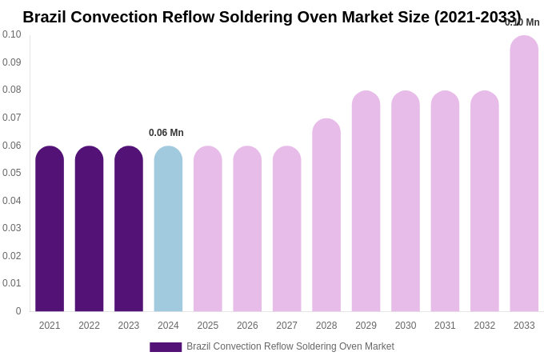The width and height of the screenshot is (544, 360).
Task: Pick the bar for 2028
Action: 326,215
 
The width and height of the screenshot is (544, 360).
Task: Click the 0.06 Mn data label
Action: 166,133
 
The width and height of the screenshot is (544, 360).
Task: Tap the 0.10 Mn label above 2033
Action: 522,22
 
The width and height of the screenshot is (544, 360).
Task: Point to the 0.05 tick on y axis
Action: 12,173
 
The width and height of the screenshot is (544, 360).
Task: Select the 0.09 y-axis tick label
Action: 12,62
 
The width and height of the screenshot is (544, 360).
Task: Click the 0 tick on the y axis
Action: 18,311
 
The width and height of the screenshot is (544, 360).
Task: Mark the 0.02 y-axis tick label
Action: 12,256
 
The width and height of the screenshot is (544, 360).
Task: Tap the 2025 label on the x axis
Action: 208,326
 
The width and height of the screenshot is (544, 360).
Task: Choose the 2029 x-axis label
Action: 366,326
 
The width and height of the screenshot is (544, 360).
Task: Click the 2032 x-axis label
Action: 485,326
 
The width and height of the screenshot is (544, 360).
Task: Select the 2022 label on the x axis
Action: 89,326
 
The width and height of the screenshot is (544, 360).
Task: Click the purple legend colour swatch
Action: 166,347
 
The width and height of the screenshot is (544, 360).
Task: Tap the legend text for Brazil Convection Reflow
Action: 290,346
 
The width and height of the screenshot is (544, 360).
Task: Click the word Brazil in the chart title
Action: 46,17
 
